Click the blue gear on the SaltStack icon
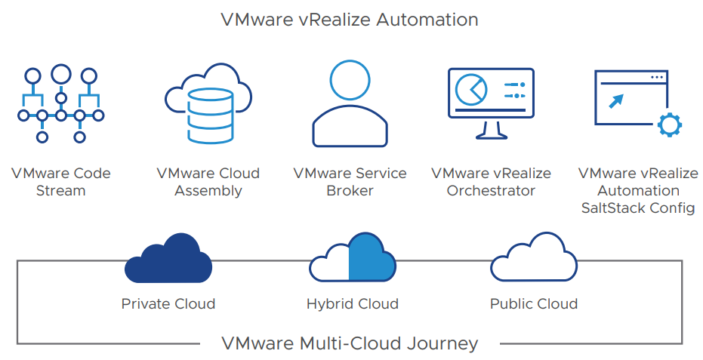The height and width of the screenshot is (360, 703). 669,125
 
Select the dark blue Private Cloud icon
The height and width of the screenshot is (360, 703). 167,258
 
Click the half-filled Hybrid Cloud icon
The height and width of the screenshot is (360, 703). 352,258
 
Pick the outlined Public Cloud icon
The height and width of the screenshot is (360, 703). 533,258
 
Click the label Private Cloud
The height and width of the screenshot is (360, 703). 168,304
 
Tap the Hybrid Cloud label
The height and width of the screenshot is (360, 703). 352,304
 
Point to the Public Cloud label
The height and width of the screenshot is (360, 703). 533,304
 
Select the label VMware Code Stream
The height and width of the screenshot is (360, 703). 60,182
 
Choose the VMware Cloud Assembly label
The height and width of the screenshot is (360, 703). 208,182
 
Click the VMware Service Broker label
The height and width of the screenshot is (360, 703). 350,182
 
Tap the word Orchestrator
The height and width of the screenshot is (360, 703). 491,191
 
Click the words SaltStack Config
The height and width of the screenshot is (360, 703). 638,208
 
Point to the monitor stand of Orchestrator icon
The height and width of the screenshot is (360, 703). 491,131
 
